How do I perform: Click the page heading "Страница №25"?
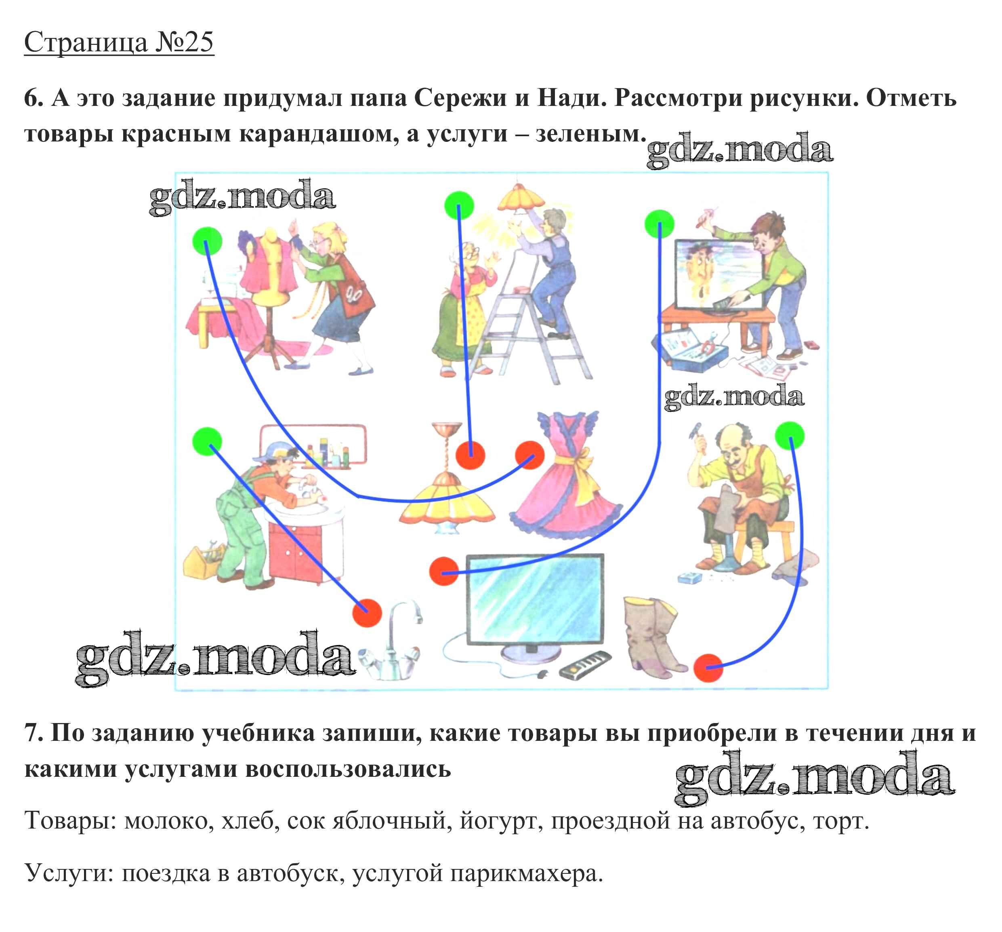tap(120, 42)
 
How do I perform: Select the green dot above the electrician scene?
tap(459, 206)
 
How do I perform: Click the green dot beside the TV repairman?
tap(659, 224)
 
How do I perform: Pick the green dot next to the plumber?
tap(207, 441)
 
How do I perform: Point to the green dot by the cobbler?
tap(789, 436)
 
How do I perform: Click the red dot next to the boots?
tap(708, 668)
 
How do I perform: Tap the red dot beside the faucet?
tap(367, 613)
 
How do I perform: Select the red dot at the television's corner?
tap(443, 571)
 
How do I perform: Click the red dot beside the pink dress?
tap(529, 455)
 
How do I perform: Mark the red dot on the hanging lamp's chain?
tap(470, 455)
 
